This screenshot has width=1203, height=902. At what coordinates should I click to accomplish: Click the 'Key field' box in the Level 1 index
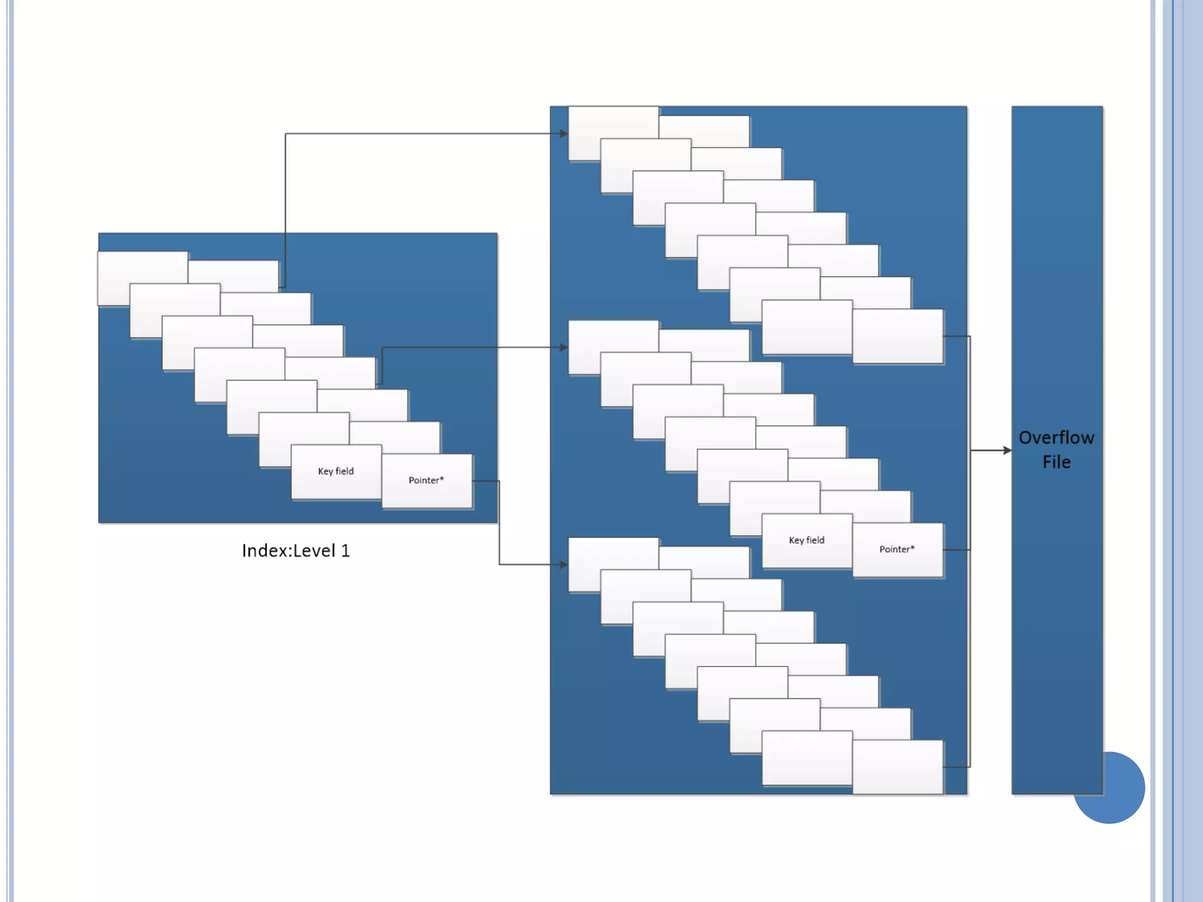pyautogui.click(x=336, y=472)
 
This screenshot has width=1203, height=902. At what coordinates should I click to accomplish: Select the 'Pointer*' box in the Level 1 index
pyautogui.click(x=426, y=480)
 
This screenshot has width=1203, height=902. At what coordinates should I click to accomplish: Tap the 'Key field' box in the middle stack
pyautogui.click(x=807, y=540)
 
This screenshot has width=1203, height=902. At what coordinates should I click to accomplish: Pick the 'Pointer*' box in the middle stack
pyautogui.click(x=897, y=550)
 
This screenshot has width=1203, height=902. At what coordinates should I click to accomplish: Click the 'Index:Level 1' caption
pyautogui.click(x=295, y=551)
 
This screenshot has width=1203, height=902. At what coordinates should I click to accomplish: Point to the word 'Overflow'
pyautogui.click(x=1056, y=438)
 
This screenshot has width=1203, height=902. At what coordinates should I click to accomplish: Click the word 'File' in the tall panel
pyautogui.click(x=1056, y=463)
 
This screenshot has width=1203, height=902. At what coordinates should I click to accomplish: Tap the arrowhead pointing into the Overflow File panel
pyautogui.click(x=1007, y=450)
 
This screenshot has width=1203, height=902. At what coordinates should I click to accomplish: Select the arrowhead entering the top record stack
pyautogui.click(x=564, y=134)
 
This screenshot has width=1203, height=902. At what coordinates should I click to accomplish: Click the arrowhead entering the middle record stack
pyautogui.click(x=564, y=348)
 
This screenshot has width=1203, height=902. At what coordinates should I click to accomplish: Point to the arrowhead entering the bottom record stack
pyautogui.click(x=564, y=565)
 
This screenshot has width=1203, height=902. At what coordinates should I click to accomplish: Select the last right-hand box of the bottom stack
pyautogui.click(x=898, y=766)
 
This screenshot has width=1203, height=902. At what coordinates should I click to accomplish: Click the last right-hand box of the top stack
pyautogui.click(x=898, y=336)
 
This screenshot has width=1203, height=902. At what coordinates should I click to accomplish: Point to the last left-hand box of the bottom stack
pyautogui.click(x=807, y=758)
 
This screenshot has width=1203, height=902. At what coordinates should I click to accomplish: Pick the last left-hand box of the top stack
pyautogui.click(x=807, y=327)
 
